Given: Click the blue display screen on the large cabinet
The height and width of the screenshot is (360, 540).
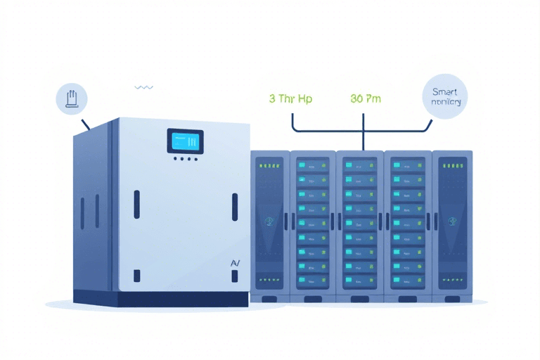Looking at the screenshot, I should [184, 141].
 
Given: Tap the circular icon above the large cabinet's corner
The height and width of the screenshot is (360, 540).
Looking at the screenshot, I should [71, 99].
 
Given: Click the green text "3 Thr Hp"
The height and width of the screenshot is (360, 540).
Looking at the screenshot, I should [290, 99].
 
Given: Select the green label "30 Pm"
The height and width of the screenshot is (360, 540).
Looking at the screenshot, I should [365, 99].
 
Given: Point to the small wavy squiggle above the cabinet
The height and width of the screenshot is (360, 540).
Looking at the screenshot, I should [143, 88].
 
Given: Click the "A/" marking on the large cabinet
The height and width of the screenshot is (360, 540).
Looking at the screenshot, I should [236, 262].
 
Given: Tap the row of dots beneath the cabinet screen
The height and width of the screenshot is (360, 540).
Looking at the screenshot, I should [184, 159].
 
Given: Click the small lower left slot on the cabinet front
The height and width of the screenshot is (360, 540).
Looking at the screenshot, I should [137, 276].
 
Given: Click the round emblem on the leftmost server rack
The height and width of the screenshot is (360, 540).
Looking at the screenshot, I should [268, 221].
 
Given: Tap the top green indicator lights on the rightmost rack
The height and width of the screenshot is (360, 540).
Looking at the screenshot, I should [451, 167].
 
